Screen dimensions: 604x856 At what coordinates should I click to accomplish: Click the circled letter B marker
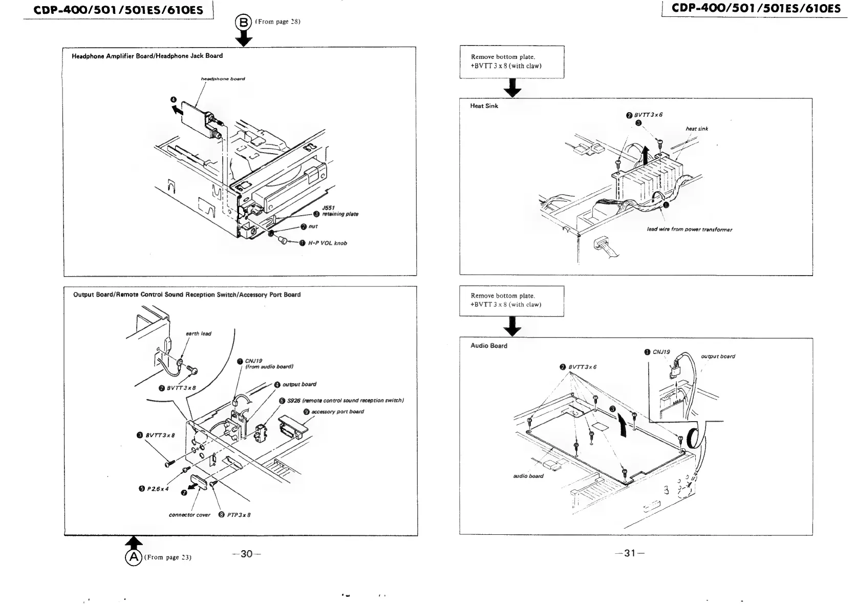pos(243,22)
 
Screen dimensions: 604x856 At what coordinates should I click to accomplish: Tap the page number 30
pos(246,554)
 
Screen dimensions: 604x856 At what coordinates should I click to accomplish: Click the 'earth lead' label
pos(199,334)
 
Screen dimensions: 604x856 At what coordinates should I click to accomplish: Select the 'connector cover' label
pos(189,515)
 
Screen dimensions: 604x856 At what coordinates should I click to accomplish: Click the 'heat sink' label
pos(697,129)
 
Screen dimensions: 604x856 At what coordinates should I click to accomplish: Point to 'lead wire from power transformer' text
pos(689,230)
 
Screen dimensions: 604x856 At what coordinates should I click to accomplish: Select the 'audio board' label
pos(528,476)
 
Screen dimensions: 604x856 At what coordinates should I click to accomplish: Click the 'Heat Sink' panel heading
pos(484,106)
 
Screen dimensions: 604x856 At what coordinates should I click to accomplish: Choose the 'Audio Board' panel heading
pos(488,346)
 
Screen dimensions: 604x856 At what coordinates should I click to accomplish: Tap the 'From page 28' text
pos(279,22)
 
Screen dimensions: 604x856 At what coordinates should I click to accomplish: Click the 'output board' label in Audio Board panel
pos(718,356)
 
